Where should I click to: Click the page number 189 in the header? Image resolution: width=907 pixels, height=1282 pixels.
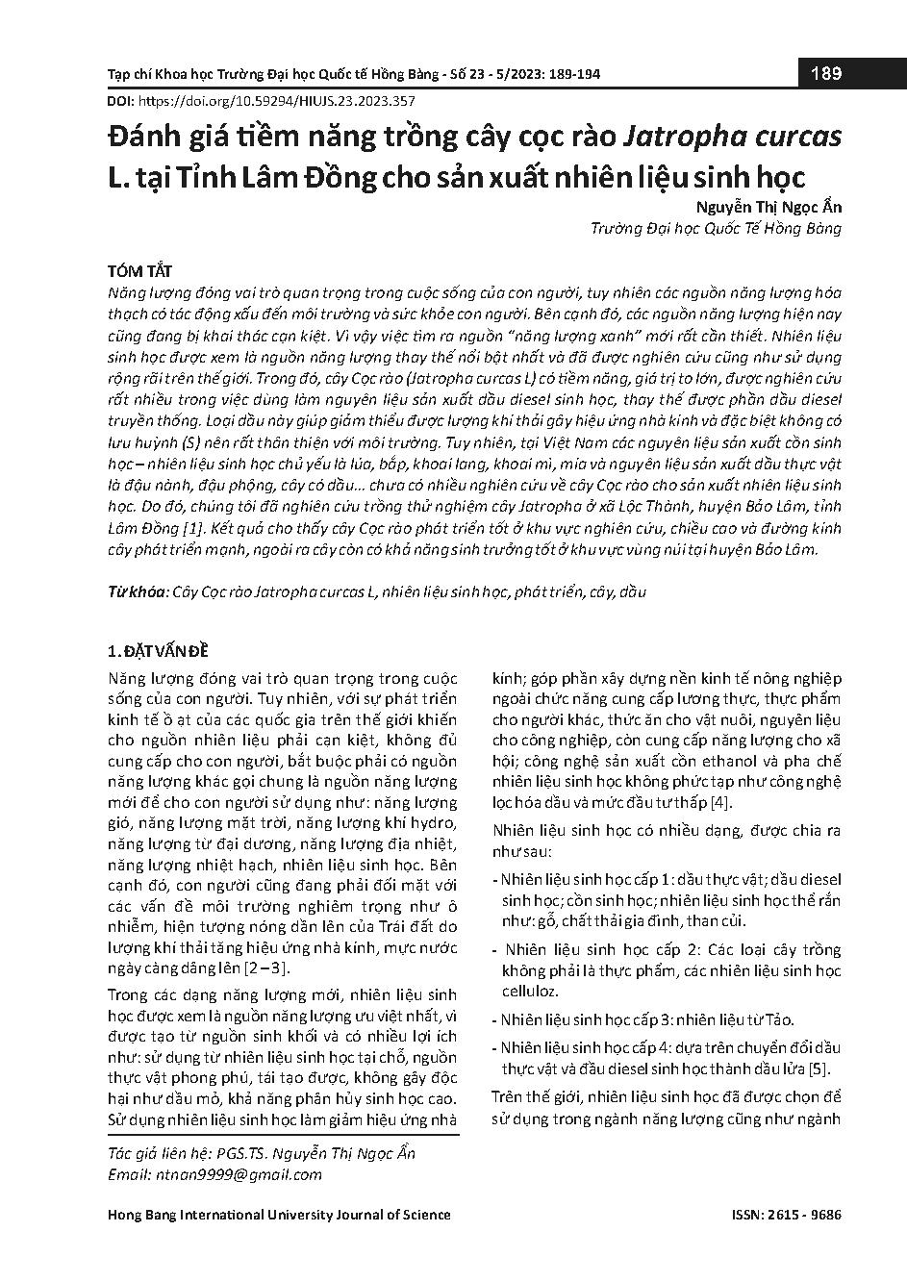coord(826,73)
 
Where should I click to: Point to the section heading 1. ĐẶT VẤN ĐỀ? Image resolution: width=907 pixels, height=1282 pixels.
coord(158,650)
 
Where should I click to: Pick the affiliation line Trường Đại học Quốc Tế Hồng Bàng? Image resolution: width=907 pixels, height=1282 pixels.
coord(716,229)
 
